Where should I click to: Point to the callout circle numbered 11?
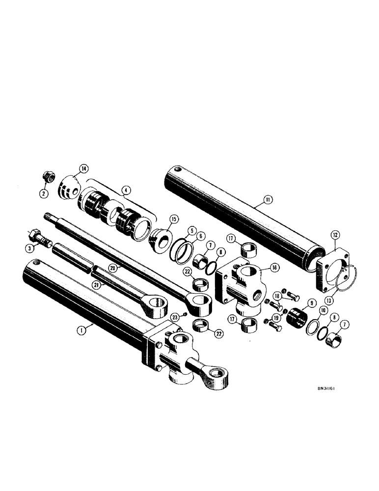pyautogui.click(x=268, y=199)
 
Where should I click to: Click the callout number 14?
pyautogui.click(x=84, y=169)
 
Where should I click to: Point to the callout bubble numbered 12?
pyautogui.click(x=335, y=236)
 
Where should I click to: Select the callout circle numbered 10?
pyautogui.click(x=324, y=311)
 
